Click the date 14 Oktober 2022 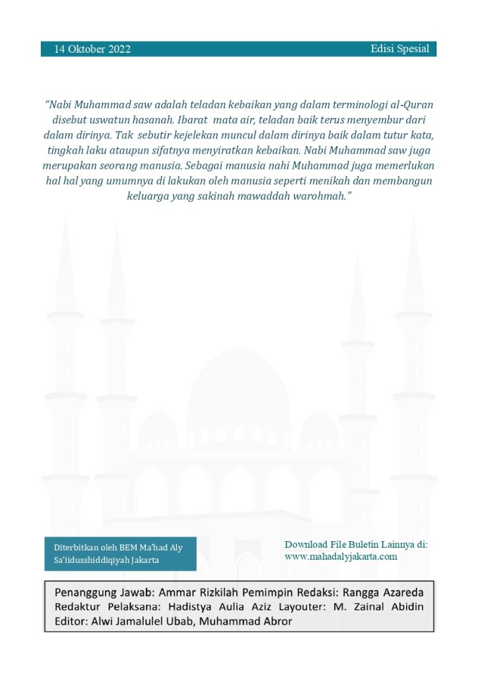click(x=92, y=49)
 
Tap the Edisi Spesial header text click(x=399, y=49)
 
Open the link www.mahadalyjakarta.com click(x=341, y=556)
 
